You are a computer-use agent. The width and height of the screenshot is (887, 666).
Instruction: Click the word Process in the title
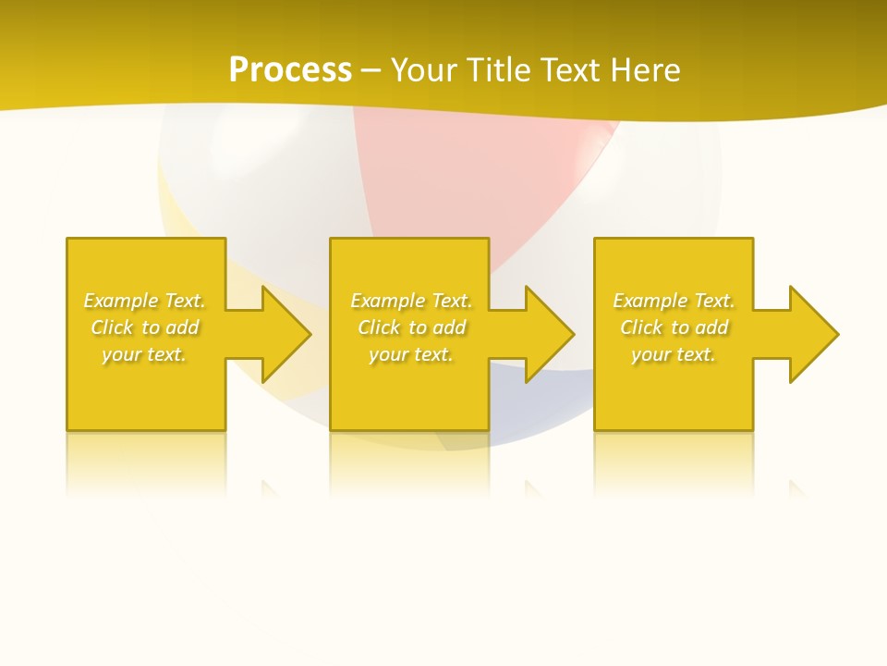[290, 70]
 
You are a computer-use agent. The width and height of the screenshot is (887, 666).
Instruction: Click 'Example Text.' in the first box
[144, 301]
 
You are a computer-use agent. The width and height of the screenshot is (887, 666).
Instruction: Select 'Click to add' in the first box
[144, 327]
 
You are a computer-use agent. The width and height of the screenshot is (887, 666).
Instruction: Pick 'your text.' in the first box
[144, 354]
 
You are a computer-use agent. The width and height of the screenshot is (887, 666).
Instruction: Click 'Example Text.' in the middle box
[411, 301]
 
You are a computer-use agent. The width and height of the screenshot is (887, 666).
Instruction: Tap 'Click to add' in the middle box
[411, 327]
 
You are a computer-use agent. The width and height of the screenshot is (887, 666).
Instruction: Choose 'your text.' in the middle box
[411, 354]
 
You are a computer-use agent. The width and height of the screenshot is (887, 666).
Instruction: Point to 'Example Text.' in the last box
[674, 301]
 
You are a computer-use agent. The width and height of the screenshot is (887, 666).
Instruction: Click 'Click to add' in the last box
[674, 327]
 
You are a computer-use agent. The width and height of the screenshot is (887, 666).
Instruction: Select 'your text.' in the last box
[674, 354]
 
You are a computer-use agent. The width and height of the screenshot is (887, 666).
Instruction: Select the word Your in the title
[421, 70]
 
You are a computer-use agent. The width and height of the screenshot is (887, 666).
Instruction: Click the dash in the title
[371, 71]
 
